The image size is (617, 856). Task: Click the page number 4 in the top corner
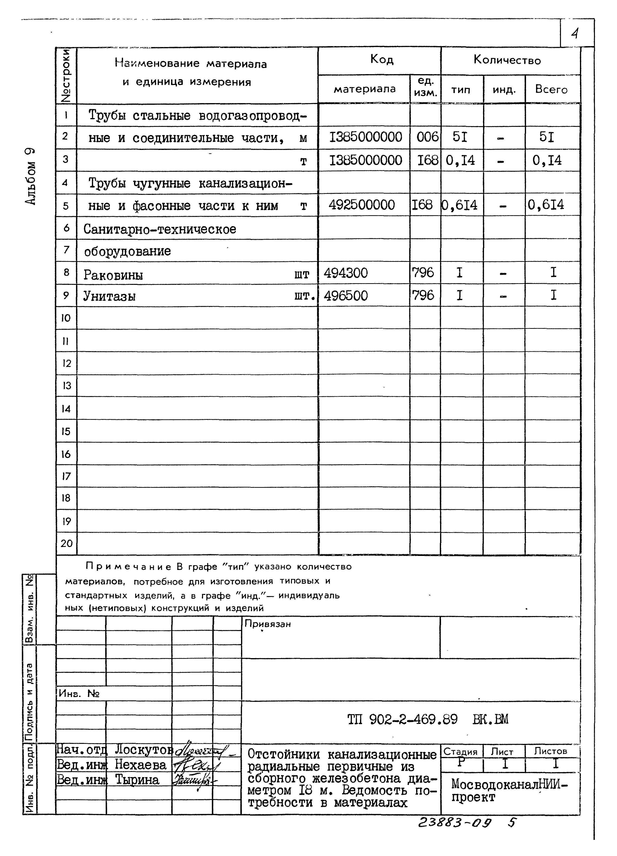(x=575, y=34)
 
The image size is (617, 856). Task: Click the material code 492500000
(x=361, y=205)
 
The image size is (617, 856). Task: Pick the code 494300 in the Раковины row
(x=345, y=273)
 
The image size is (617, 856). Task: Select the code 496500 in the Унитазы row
(x=345, y=296)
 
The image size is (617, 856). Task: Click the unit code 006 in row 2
(x=427, y=137)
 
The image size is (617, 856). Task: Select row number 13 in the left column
(x=66, y=386)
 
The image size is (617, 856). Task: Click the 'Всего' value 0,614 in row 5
(x=546, y=205)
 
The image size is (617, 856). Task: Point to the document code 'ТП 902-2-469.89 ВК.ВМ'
(x=427, y=719)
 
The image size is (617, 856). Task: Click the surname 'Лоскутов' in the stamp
(x=143, y=749)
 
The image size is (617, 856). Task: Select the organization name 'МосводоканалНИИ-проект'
(x=509, y=791)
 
